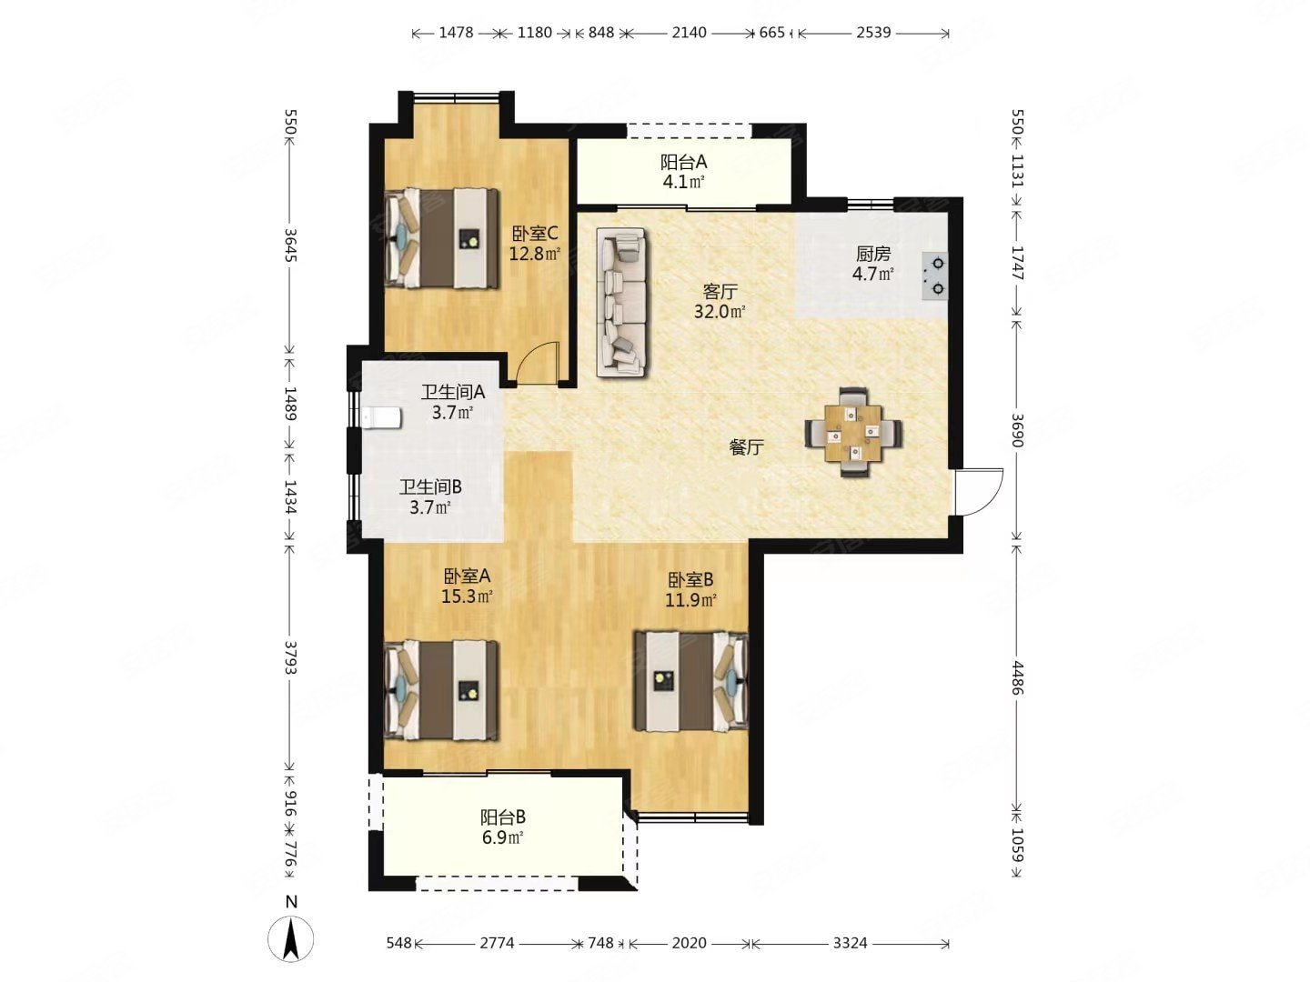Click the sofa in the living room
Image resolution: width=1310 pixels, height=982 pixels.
620,302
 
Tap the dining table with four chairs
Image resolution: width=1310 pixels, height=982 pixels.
852,432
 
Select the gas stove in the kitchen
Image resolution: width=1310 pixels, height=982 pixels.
934,276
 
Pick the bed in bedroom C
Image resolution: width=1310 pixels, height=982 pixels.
441,238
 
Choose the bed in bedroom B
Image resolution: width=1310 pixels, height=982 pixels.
691,682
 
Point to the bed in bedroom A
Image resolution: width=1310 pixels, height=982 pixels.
441,690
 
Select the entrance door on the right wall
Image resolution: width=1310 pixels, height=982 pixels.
978,491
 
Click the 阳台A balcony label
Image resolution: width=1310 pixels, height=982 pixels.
683,162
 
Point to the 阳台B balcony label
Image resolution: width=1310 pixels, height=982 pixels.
502,817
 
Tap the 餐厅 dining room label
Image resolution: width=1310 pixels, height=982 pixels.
746,446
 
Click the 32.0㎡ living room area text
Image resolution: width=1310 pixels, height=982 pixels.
720,311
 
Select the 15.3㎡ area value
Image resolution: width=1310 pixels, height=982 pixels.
467,596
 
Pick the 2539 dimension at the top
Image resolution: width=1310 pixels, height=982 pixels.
873,32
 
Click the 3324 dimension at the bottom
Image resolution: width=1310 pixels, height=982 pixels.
850,943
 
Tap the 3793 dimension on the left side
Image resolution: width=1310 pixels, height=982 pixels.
290,657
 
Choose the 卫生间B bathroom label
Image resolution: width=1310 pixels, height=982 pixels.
430,487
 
